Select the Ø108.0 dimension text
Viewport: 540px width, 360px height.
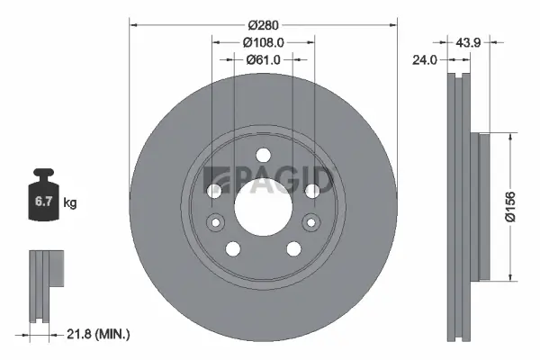tap(264, 40)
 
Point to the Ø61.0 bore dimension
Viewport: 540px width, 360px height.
tap(264, 59)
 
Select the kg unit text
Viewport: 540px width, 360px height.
tap(70, 204)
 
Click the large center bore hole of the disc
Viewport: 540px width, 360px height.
tap(263, 205)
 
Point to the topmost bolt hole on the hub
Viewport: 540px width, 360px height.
tap(263, 155)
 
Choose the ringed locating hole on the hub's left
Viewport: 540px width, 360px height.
tap(215, 222)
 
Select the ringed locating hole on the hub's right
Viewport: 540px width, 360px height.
tap(311, 222)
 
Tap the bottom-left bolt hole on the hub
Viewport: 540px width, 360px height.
tap(233, 249)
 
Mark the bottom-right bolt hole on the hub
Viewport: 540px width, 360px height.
tap(293, 249)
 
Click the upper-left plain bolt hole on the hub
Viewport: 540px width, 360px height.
tap(214, 191)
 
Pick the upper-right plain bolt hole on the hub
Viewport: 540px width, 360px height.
tap(311, 191)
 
